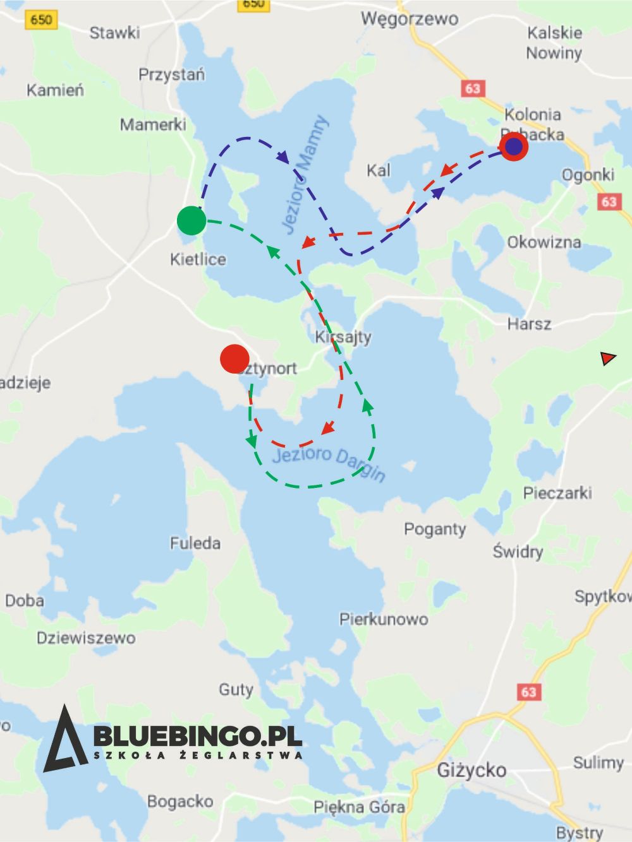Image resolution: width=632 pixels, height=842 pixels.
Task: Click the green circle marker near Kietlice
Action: pos(191,220)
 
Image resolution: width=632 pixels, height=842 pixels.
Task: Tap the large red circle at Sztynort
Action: pos(234,359)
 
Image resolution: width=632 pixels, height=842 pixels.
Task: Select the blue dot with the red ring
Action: pos(514,146)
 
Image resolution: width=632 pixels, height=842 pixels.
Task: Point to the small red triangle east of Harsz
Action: pos(608,359)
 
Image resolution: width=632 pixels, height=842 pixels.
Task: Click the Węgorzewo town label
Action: pos(409,18)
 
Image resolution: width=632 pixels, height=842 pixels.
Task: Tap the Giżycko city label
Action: pos(471,770)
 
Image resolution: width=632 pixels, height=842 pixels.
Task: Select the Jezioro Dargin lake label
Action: pos(329,463)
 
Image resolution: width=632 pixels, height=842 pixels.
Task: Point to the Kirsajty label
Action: pos(343,336)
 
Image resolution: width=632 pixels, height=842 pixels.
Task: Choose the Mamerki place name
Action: pos(153,124)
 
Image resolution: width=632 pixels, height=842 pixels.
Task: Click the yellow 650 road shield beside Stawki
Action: pos(41,20)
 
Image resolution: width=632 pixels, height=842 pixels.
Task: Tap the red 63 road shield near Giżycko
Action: pos(528,692)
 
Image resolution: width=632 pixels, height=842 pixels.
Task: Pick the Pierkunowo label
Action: pos(384,619)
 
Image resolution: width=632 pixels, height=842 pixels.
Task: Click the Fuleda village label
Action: pos(195,543)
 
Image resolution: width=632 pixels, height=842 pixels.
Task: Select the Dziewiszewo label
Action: pos(86,638)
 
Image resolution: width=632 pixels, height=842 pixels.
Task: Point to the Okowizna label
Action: pos(544,242)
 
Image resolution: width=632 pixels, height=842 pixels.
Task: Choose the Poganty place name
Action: pos(435,529)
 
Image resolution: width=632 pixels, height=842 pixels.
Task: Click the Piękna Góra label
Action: pos(359,807)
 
